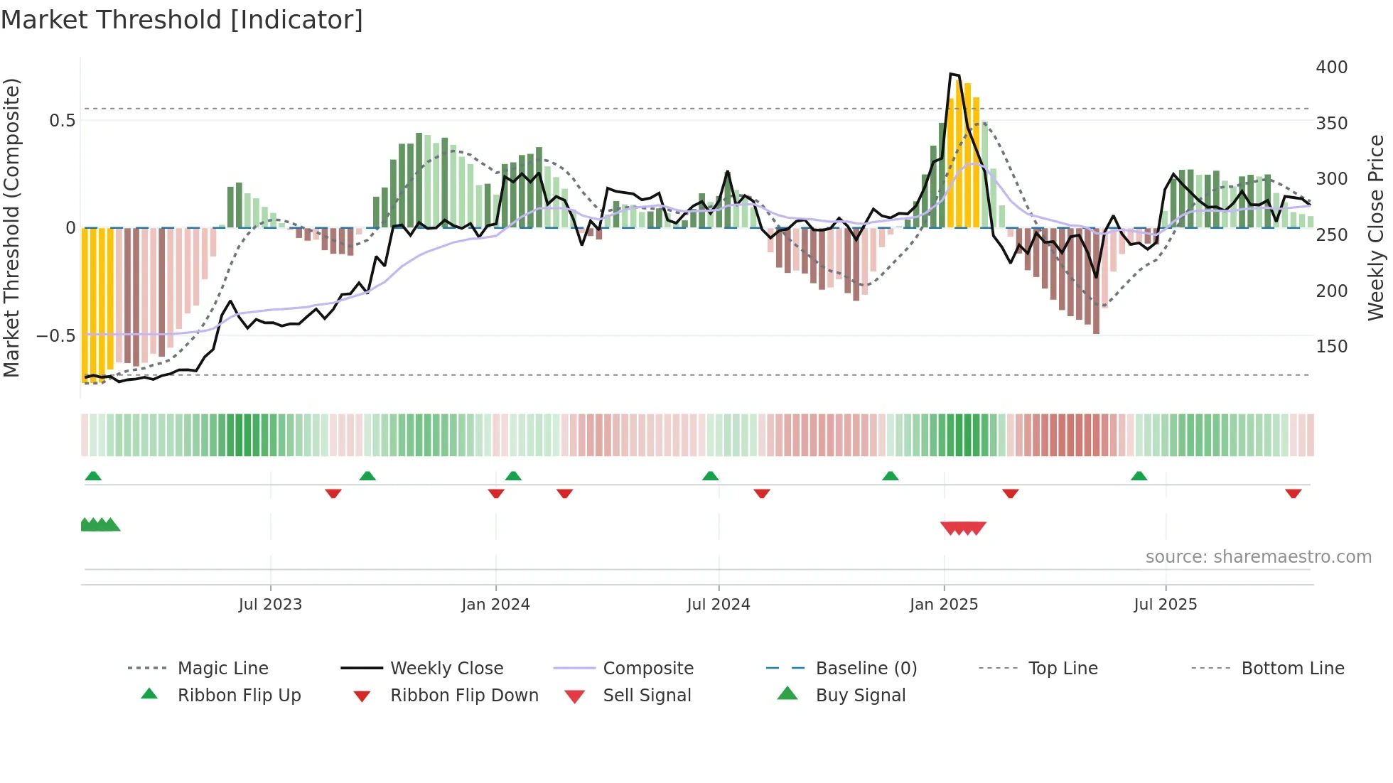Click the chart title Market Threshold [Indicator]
(x=182, y=20)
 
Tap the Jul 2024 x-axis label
(x=718, y=605)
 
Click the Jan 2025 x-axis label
(x=943, y=605)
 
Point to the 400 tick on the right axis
(x=1331, y=67)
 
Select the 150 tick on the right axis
(x=1331, y=347)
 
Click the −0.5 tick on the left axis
(x=55, y=335)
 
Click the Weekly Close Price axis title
(x=1376, y=227)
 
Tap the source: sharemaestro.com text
(x=1258, y=557)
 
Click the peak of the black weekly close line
(x=951, y=74)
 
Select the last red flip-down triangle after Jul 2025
(x=1293, y=493)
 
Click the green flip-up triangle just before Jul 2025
(x=1139, y=476)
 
